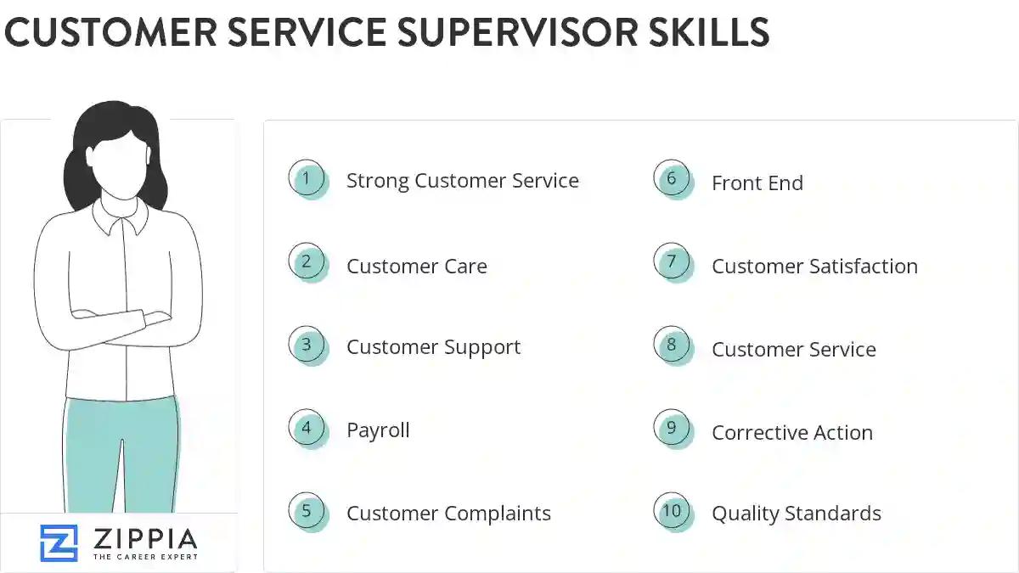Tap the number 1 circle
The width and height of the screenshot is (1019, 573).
pos(307,179)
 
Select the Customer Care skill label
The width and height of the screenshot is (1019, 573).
pos(416,266)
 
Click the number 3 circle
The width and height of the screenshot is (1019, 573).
pos(307,345)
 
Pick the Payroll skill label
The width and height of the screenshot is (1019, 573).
pos(378,430)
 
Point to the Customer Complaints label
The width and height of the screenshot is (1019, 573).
pos(448,514)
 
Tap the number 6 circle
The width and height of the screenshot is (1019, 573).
pos(672,179)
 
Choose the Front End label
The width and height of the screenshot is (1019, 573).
pos(757,183)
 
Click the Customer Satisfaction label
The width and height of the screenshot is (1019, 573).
pos(814,266)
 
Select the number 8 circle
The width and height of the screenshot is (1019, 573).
pos(672,345)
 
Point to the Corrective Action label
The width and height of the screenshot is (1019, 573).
pos(791,432)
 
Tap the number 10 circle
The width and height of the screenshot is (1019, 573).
pos(672,511)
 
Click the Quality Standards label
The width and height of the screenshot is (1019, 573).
pos(796,514)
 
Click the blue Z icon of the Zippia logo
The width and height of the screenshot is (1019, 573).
pos(59,542)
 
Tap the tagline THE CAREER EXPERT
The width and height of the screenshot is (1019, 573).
pos(144,557)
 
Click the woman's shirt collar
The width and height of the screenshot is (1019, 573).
pos(121,217)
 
